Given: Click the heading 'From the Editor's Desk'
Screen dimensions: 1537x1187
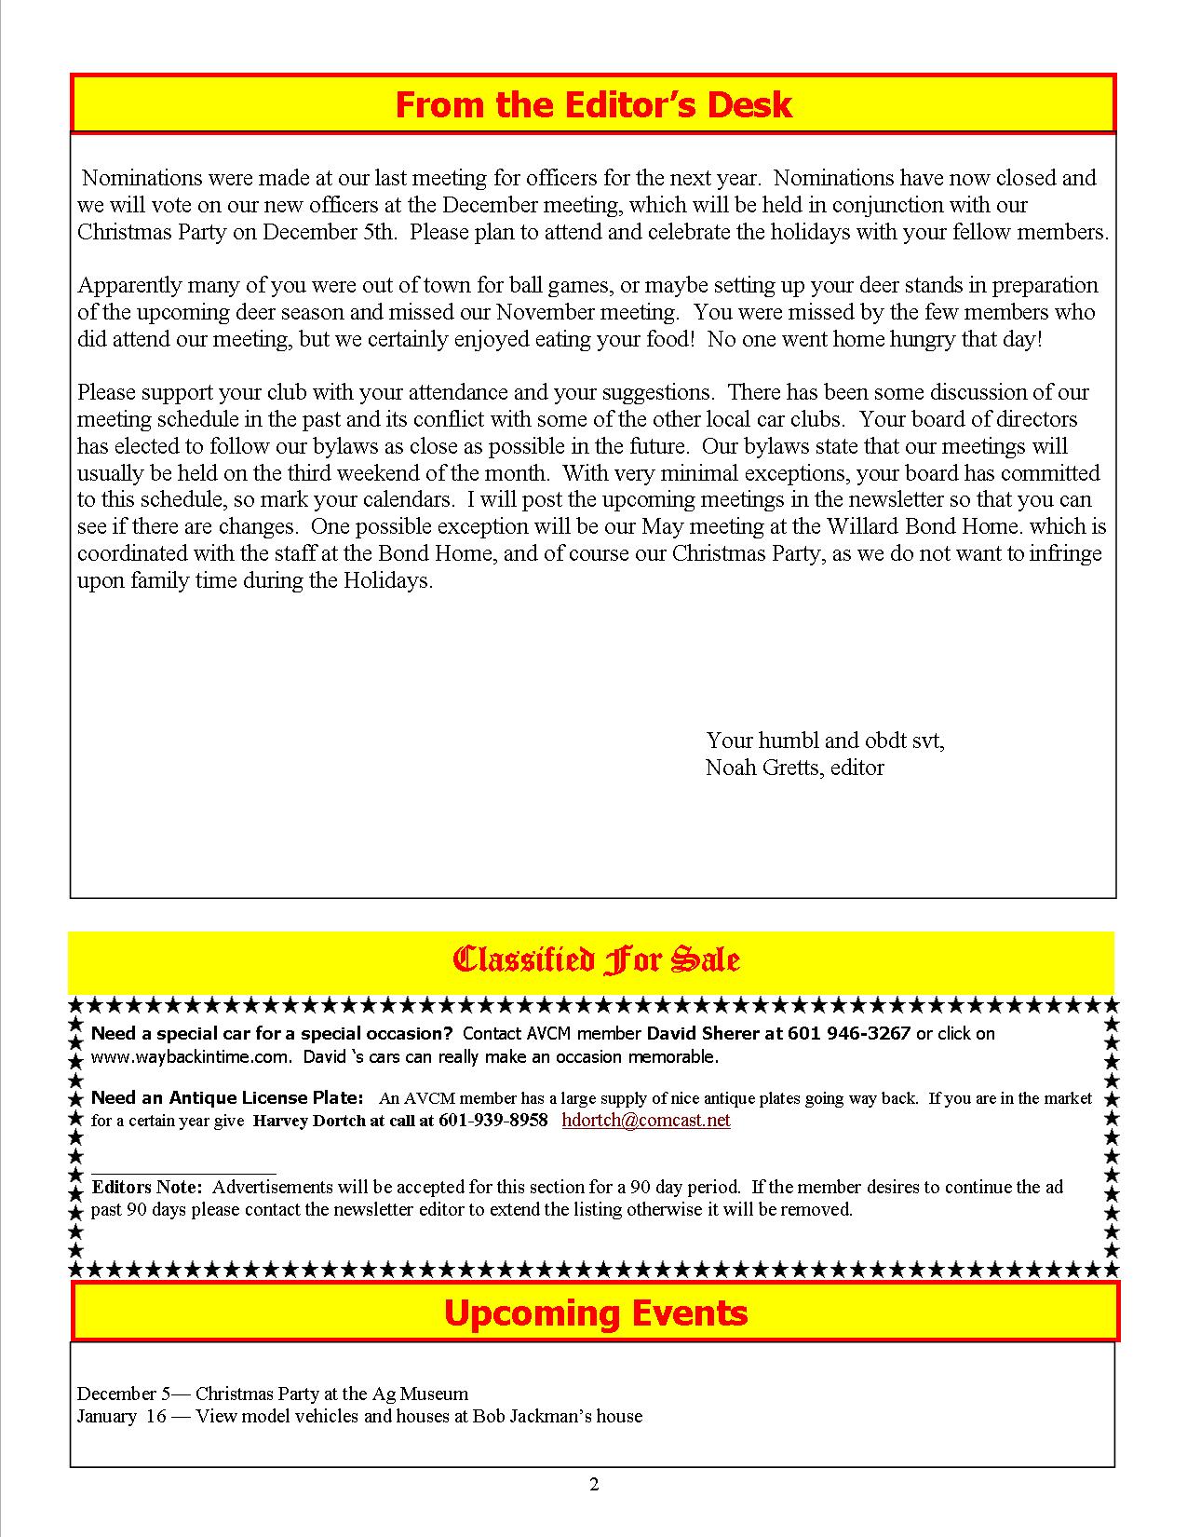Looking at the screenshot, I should (593, 104).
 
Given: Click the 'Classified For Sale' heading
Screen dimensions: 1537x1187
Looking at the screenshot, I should (595, 959).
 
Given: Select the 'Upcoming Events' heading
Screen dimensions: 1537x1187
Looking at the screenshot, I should (595, 1313).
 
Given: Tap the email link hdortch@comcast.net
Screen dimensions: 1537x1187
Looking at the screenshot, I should (646, 1120).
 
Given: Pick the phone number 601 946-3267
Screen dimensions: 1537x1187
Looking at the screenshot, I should (849, 1033).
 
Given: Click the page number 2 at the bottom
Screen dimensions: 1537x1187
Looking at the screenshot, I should (594, 1485).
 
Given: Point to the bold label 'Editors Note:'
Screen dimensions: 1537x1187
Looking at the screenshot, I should (146, 1188).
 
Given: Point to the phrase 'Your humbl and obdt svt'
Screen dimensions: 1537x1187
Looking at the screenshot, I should (824, 741).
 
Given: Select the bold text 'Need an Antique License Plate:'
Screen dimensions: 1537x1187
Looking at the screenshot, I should (227, 1098).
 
